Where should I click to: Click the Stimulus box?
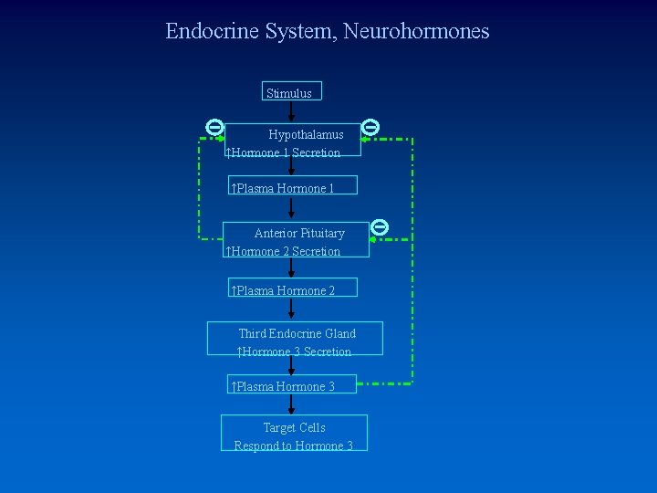tap(291, 92)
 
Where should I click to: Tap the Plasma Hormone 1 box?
tap(292, 186)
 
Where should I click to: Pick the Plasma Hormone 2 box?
tap(292, 288)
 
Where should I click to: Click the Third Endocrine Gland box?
tap(295, 338)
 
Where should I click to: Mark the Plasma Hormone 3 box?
tap(292, 384)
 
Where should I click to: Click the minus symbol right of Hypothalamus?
tap(370, 127)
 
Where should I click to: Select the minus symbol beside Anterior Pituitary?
tap(381, 226)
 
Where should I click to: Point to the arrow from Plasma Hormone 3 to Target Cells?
tap(291, 405)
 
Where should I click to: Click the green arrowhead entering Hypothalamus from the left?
tap(220, 139)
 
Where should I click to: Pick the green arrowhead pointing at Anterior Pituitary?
tap(373, 239)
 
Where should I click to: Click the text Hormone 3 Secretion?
tap(297, 351)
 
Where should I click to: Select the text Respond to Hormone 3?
tap(294, 446)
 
